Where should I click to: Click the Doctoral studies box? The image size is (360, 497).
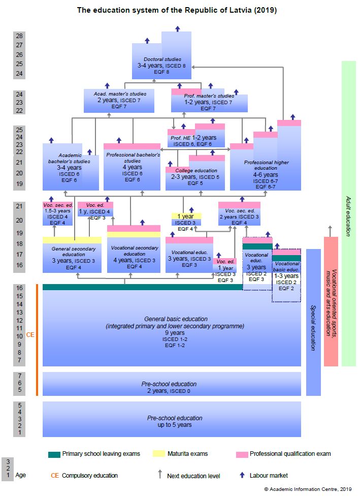click(x=161, y=60)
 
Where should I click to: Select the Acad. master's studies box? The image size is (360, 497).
click(x=119, y=101)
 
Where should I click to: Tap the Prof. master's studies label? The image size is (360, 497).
click(x=209, y=96)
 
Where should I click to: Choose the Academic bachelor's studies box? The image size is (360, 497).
click(x=71, y=167)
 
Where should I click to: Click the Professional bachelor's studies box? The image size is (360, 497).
click(x=132, y=167)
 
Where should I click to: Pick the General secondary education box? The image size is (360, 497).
click(x=72, y=255)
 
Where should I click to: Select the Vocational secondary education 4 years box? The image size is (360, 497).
click(x=134, y=250)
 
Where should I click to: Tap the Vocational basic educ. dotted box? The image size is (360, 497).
click(x=286, y=275)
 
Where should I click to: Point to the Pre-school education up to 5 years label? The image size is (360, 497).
click(x=175, y=421)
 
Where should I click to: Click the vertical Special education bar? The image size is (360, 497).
click(x=313, y=322)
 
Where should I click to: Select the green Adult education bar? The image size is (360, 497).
click(x=349, y=213)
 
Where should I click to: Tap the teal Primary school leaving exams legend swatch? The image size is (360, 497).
click(x=54, y=454)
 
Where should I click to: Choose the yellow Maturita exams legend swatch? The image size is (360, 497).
click(x=158, y=454)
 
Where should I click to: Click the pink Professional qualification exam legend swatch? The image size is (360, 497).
click(x=242, y=454)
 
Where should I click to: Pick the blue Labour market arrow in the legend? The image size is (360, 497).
click(x=242, y=475)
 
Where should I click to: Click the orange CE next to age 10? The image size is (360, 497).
click(x=30, y=335)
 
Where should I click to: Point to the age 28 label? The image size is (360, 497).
click(x=19, y=36)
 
